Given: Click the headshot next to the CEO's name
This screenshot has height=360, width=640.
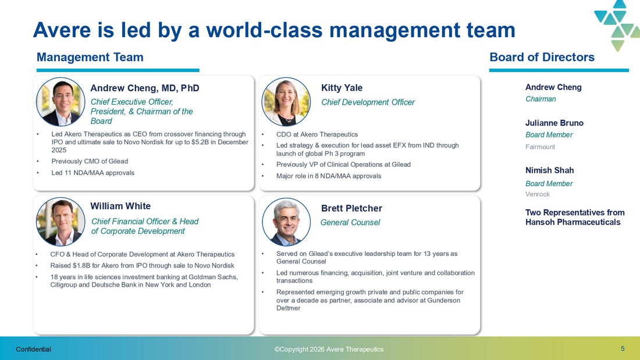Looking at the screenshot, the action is pyautogui.click(x=61, y=102).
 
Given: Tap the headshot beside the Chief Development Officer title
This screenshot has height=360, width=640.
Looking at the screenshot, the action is pyautogui.click(x=286, y=102).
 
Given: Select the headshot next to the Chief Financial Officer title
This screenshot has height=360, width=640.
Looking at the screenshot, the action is pyautogui.click(x=61, y=222).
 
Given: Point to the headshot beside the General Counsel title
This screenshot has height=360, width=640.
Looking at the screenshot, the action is pyautogui.click(x=286, y=222).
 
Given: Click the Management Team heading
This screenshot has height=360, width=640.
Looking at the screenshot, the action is pyautogui.click(x=90, y=57).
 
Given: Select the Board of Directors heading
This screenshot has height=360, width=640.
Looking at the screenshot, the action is pyautogui.click(x=542, y=57).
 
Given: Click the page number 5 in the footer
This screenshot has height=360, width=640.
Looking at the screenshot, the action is pyautogui.click(x=623, y=348).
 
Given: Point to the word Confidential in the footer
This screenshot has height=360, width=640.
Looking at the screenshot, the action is pyautogui.click(x=34, y=349).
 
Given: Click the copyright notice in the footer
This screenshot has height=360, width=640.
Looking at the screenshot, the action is pyautogui.click(x=329, y=349).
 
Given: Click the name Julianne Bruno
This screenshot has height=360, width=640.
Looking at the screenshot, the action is pyautogui.click(x=554, y=123).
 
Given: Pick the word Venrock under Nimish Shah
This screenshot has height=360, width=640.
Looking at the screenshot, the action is pyautogui.click(x=538, y=194).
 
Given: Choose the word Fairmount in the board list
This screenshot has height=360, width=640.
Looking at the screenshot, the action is pyautogui.click(x=540, y=147).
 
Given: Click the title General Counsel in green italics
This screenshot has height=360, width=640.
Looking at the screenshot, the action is pyautogui.click(x=350, y=222).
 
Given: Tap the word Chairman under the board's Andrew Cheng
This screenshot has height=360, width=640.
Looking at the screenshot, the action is pyautogui.click(x=541, y=99).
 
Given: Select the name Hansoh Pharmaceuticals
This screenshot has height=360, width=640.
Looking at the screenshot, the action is pyautogui.click(x=573, y=222).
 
